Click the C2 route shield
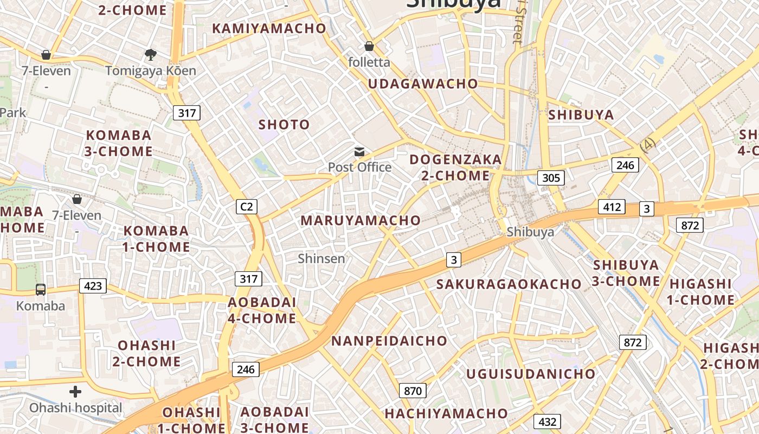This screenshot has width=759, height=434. click(247, 207)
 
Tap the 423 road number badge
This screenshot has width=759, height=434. click(93, 285)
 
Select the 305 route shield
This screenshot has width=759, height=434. click(551, 177)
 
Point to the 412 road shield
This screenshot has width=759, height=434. click(612, 207)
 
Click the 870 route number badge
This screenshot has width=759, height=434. click(413, 390)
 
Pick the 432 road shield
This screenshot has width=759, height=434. click(547, 422)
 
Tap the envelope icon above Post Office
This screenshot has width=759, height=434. click(359, 152)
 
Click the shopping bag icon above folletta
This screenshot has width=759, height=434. click(369, 47)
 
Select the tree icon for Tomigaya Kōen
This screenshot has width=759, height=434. click(150, 54)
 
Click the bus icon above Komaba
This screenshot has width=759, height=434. click(41, 289)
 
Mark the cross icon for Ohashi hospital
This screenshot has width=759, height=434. click(75, 391)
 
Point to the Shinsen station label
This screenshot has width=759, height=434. click(321, 258)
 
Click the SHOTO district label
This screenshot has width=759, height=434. click(284, 125)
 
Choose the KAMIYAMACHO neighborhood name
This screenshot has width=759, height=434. click(269, 28)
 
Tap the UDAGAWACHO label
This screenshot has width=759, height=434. click(423, 84)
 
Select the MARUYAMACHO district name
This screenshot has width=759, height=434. click(361, 220)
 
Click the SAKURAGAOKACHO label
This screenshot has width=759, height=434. click(509, 284)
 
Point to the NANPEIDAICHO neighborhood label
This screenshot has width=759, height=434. click(389, 341)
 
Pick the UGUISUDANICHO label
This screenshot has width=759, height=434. click(531, 374)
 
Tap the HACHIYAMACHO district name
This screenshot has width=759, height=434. click(446, 413)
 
